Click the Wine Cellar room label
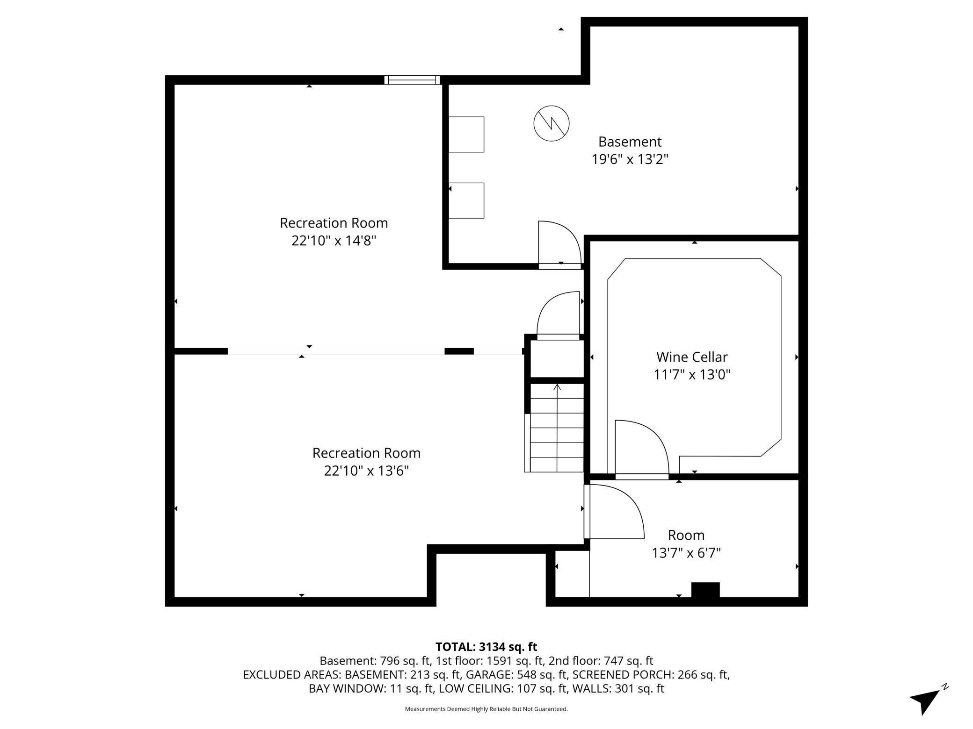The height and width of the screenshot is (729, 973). (691, 357)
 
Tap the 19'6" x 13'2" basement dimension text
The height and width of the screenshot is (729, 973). (630, 160)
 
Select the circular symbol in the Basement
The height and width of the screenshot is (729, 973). (551, 124)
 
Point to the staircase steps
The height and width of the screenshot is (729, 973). (557, 428)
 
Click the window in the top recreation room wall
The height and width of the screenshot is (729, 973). (412, 80)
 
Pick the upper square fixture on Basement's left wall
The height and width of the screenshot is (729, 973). (466, 135)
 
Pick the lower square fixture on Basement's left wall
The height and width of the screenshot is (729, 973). (466, 200)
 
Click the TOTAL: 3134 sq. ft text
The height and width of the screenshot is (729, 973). (486, 647)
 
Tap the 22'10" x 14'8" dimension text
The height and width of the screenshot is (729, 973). (334, 241)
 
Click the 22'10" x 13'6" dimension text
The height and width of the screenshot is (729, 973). (366, 471)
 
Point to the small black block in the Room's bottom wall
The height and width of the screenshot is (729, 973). (705, 589)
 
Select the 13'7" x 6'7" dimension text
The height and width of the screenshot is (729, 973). (686, 553)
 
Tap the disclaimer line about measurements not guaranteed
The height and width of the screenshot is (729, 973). (486, 709)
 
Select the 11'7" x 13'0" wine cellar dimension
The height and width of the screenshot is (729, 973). (691, 375)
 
